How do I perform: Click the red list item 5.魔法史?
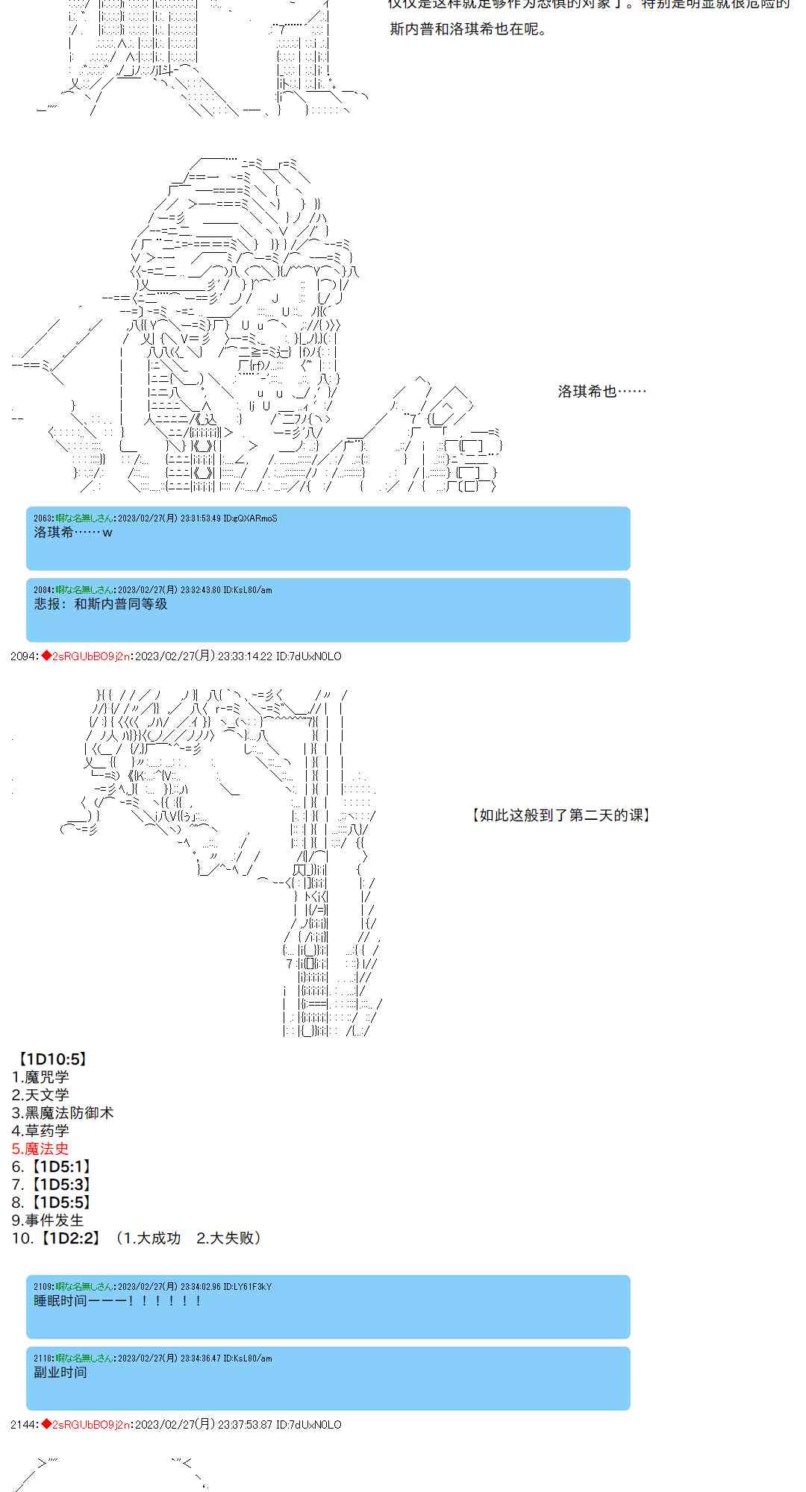pyautogui.click(x=40, y=1149)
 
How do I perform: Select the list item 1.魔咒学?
pyautogui.click(x=40, y=1077)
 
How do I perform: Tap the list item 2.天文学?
pyautogui.click(x=40, y=1095)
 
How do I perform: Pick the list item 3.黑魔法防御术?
pyautogui.click(x=63, y=1113)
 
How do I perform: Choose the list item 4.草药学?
pyautogui.click(x=40, y=1131)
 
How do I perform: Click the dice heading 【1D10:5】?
pyautogui.click(x=52, y=1059)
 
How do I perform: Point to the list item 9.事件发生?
pyautogui.click(x=48, y=1220)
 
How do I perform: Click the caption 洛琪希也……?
pyautogui.click(x=602, y=391)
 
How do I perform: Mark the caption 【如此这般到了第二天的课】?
pyautogui.click(x=561, y=815)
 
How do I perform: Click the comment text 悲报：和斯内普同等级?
pyautogui.click(x=101, y=604)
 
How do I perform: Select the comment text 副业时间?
pyautogui.click(x=60, y=1373)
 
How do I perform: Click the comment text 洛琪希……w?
pyautogui.click(x=73, y=533)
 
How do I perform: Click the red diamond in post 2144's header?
pyautogui.click(x=46, y=1424)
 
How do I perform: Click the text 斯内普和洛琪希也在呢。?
pyautogui.click(x=469, y=30)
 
